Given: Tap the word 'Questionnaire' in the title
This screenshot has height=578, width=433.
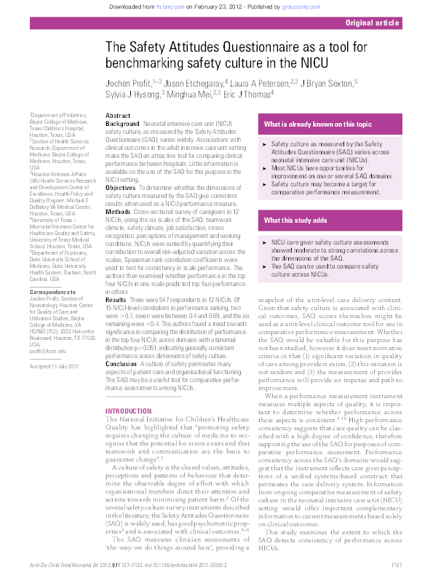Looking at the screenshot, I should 254,48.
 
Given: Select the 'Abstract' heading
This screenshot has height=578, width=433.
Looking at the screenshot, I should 118,116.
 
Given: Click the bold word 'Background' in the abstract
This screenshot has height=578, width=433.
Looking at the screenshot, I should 122,124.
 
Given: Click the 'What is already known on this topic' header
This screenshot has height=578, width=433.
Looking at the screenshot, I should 317,124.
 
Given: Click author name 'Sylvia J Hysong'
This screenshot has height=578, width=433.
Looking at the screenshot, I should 136,94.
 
